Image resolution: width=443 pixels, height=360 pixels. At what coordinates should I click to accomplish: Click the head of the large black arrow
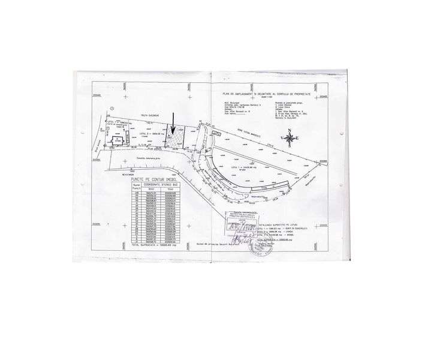coord(172,133)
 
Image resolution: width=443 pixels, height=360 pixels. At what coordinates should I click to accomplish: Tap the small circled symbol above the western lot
coord(112,109)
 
